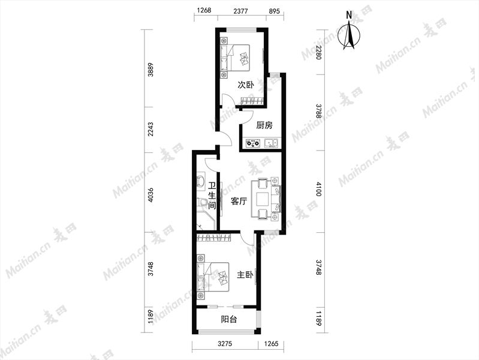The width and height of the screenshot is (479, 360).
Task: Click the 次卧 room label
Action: point(246,85)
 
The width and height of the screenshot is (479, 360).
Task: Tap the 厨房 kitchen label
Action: point(264,125)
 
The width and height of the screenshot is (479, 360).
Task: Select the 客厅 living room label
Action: point(239,201)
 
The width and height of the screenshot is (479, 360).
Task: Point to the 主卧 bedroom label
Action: point(245,275)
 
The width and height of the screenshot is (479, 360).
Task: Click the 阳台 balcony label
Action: point(229,320)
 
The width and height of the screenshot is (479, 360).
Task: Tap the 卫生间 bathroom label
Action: point(212,196)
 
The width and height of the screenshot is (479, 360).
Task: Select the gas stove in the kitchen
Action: point(253,143)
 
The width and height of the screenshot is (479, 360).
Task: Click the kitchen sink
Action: point(271,143)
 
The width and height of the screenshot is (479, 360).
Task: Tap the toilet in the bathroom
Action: point(202,202)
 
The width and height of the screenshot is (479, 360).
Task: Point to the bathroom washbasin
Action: point(201,181)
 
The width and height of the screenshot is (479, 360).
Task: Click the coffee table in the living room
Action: point(263,199)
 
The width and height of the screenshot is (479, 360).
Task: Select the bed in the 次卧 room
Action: point(235,58)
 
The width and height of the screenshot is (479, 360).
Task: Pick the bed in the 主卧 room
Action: point(213,277)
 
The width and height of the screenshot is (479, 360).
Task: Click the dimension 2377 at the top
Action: point(241,11)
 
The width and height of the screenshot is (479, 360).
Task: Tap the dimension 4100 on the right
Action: point(319,189)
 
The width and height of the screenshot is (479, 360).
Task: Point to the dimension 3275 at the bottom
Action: point(225,343)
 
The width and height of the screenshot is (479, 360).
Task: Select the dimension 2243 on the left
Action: point(150,130)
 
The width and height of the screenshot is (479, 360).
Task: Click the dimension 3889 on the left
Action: point(150,70)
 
